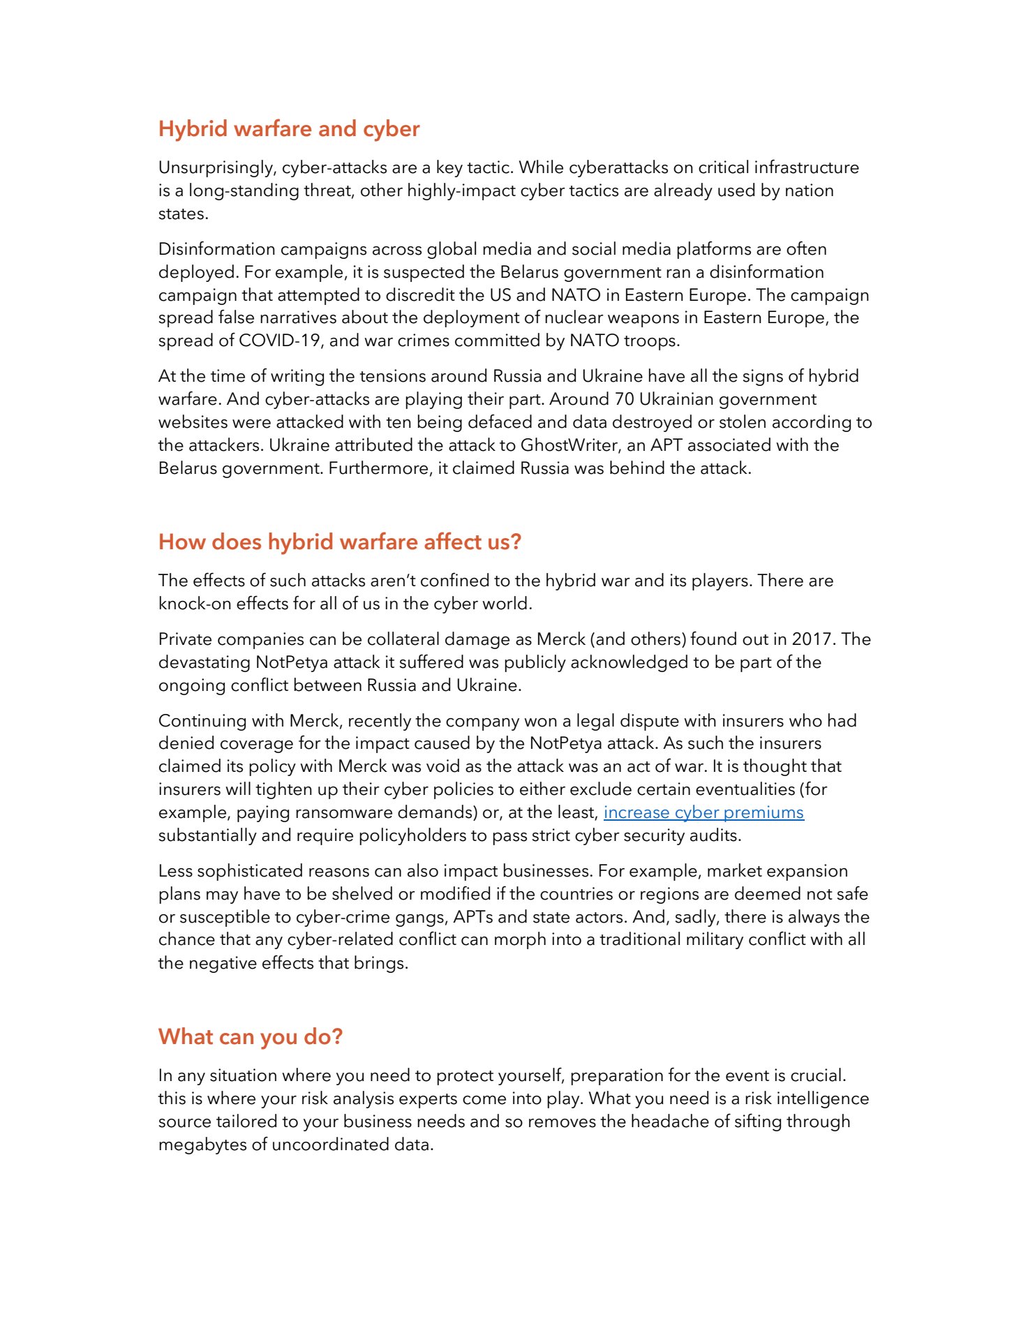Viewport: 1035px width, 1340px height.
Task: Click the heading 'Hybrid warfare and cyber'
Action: (289, 129)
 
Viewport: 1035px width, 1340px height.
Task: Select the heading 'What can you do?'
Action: (251, 1036)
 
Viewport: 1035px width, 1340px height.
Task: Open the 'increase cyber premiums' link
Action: (703, 812)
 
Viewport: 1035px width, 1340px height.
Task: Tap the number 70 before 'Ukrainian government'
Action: (624, 399)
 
